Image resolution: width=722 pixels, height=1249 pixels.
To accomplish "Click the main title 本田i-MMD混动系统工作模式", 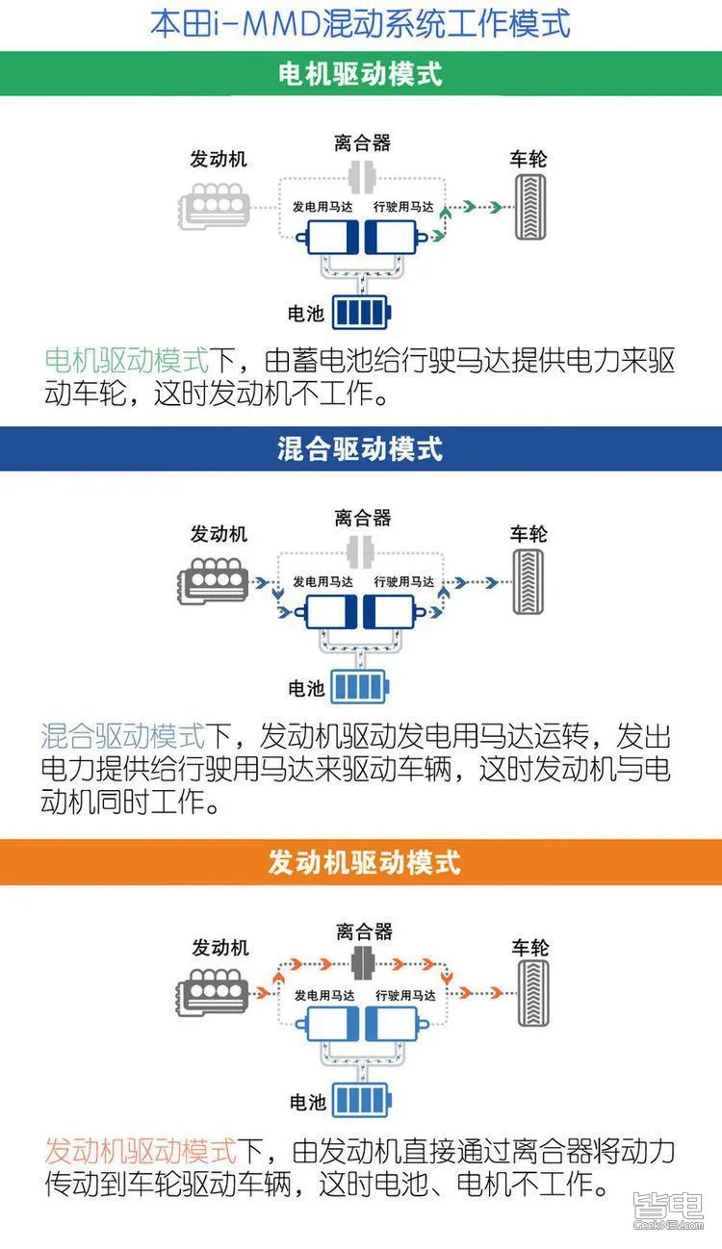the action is pyautogui.click(x=360, y=23).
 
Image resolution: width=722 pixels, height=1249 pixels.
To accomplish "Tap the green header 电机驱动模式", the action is pyautogui.click(x=360, y=74).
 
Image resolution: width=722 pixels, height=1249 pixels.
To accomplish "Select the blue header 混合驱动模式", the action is pyautogui.click(x=360, y=448).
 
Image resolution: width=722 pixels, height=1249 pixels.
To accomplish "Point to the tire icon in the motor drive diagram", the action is pyautogui.click(x=529, y=207).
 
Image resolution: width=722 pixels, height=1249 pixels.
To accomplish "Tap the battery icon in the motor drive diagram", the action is pyautogui.click(x=362, y=313).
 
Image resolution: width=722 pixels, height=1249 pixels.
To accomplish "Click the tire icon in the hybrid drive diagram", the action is pyautogui.click(x=529, y=582).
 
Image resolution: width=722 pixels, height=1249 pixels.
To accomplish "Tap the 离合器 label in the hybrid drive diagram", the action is pyautogui.click(x=363, y=518).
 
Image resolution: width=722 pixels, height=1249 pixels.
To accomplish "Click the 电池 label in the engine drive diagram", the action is pyautogui.click(x=308, y=1102).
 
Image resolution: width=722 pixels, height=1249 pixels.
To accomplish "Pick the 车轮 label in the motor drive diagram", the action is pyautogui.click(x=528, y=159).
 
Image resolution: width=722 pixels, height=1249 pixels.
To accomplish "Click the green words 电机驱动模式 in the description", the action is pyautogui.click(x=127, y=362).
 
